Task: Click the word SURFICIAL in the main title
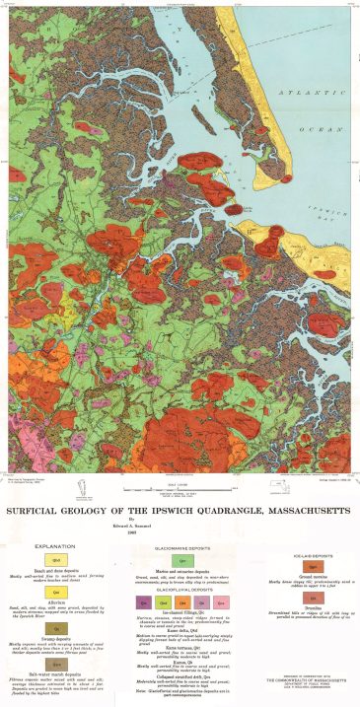[49, 513]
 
